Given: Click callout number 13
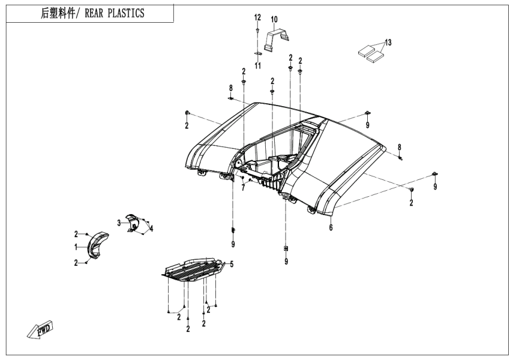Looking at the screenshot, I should click(388, 42).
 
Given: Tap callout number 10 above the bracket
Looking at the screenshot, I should click(274, 20).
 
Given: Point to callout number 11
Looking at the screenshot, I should click(257, 65).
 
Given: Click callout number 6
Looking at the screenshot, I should click(331, 227).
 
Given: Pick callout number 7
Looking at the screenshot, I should click(243, 188).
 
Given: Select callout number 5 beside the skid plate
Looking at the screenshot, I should click(232, 264).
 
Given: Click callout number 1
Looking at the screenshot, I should click(76, 247).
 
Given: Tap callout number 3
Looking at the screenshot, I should click(119, 223).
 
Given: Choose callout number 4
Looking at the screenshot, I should click(152, 228).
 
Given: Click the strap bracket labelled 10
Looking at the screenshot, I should click(275, 39).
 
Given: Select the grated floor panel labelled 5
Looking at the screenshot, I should click(192, 269).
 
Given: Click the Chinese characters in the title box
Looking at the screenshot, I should click(52, 13).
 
